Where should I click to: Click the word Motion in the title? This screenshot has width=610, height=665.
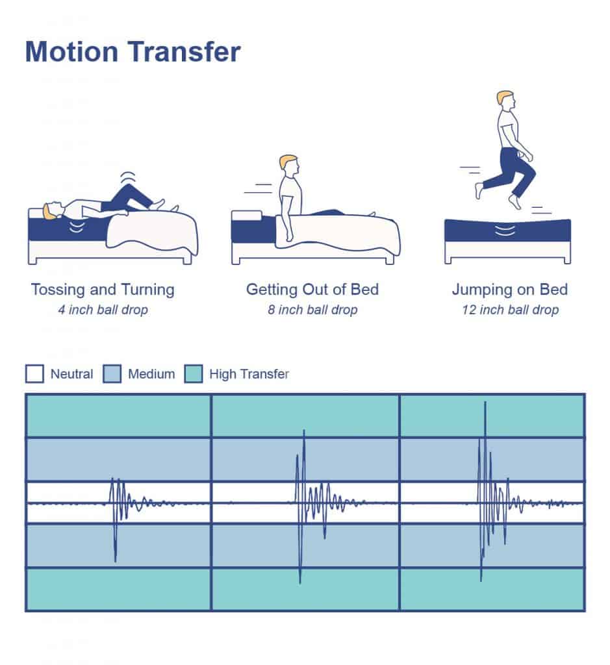click(71, 52)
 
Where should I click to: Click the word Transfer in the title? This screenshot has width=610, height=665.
click(184, 52)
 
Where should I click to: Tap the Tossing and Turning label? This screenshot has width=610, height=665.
click(103, 290)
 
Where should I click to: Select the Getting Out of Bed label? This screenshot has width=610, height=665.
click(312, 290)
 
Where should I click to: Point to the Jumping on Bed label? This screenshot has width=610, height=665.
click(509, 290)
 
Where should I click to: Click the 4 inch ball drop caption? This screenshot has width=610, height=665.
click(103, 310)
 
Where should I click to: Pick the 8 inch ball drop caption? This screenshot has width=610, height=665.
click(312, 310)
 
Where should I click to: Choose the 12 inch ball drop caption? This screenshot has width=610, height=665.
click(510, 310)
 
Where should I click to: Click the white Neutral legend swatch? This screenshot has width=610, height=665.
click(34, 373)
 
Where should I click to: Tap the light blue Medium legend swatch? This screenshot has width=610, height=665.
click(112, 373)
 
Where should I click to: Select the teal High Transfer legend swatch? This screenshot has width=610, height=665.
click(194, 373)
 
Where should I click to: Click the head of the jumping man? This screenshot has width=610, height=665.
click(505, 101)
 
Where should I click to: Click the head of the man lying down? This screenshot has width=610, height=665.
click(53, 211)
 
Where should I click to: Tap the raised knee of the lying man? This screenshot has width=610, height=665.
click(129, 188)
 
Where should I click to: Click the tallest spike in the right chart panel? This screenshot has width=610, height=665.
click(485, 403)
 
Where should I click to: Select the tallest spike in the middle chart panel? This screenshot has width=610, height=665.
click(304, 431)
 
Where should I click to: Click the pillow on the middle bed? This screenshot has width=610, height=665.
click(246, 216)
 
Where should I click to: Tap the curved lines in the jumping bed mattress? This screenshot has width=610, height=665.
click(505, 231)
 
